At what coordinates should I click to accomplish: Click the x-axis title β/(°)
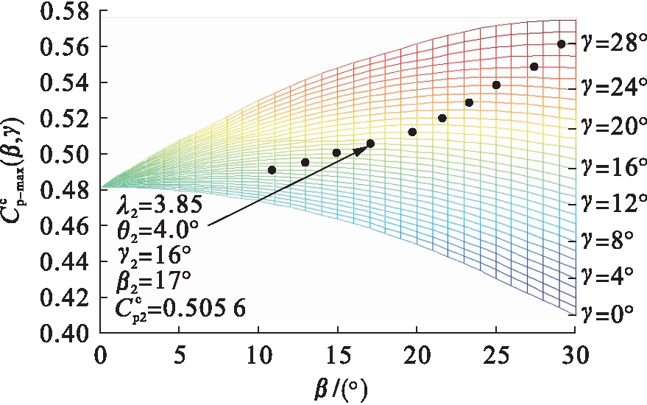pyautogui.click(x=338, y=387)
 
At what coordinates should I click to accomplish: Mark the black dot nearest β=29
pyautogui.click(x=562, y=44)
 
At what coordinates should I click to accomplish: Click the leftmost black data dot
pyautogui.click(x=272, y=170)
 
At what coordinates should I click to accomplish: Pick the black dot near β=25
pyautogui.click(x=496, y=85)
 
